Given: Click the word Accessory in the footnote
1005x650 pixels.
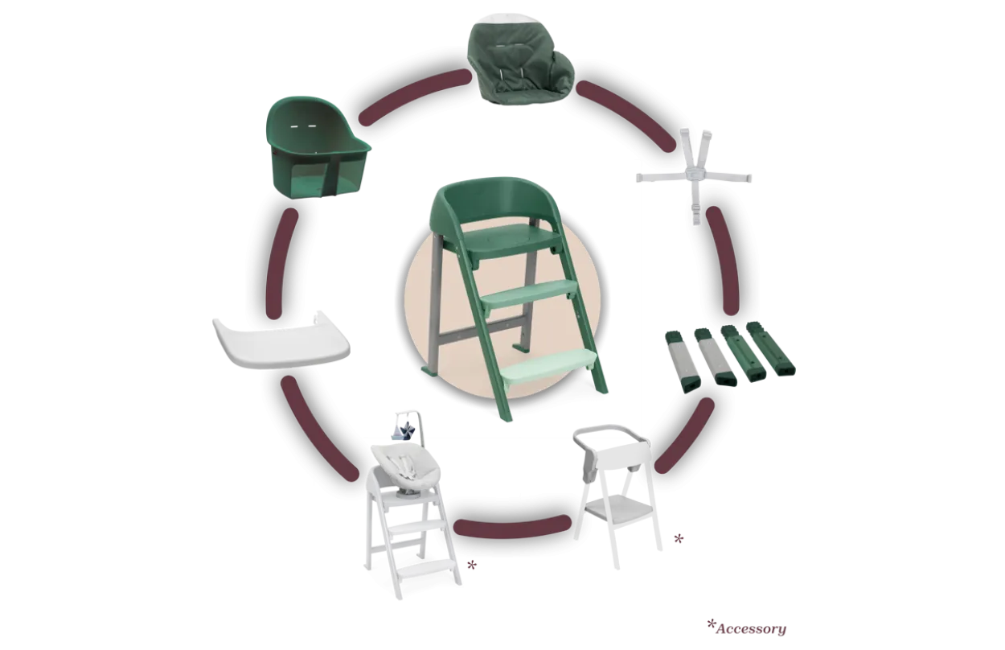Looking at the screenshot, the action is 751,629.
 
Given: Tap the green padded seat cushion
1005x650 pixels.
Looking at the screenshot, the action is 520,64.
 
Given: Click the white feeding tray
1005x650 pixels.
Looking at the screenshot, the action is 281,341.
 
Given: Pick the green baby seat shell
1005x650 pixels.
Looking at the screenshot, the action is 318,148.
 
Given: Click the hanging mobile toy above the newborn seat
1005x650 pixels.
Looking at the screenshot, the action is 408,427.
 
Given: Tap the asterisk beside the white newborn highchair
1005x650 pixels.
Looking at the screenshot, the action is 471,566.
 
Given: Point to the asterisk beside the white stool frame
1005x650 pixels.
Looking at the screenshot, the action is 679,538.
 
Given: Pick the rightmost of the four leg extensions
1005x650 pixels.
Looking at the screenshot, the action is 771,348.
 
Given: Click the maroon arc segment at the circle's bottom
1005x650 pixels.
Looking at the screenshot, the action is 512,527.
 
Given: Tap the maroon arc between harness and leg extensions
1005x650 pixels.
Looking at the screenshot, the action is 724,261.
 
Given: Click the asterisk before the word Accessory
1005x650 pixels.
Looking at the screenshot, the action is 711,624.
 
